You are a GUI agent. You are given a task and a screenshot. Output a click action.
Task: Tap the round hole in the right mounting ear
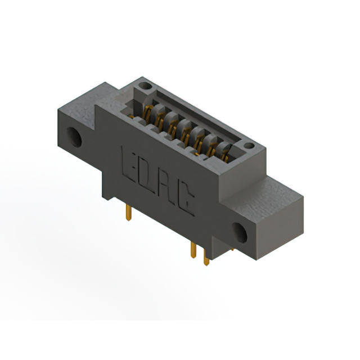point(240,232)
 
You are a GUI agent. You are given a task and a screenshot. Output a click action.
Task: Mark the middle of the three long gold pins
point(193,250)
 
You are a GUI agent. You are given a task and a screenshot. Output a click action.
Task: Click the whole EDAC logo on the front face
point(157,180)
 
